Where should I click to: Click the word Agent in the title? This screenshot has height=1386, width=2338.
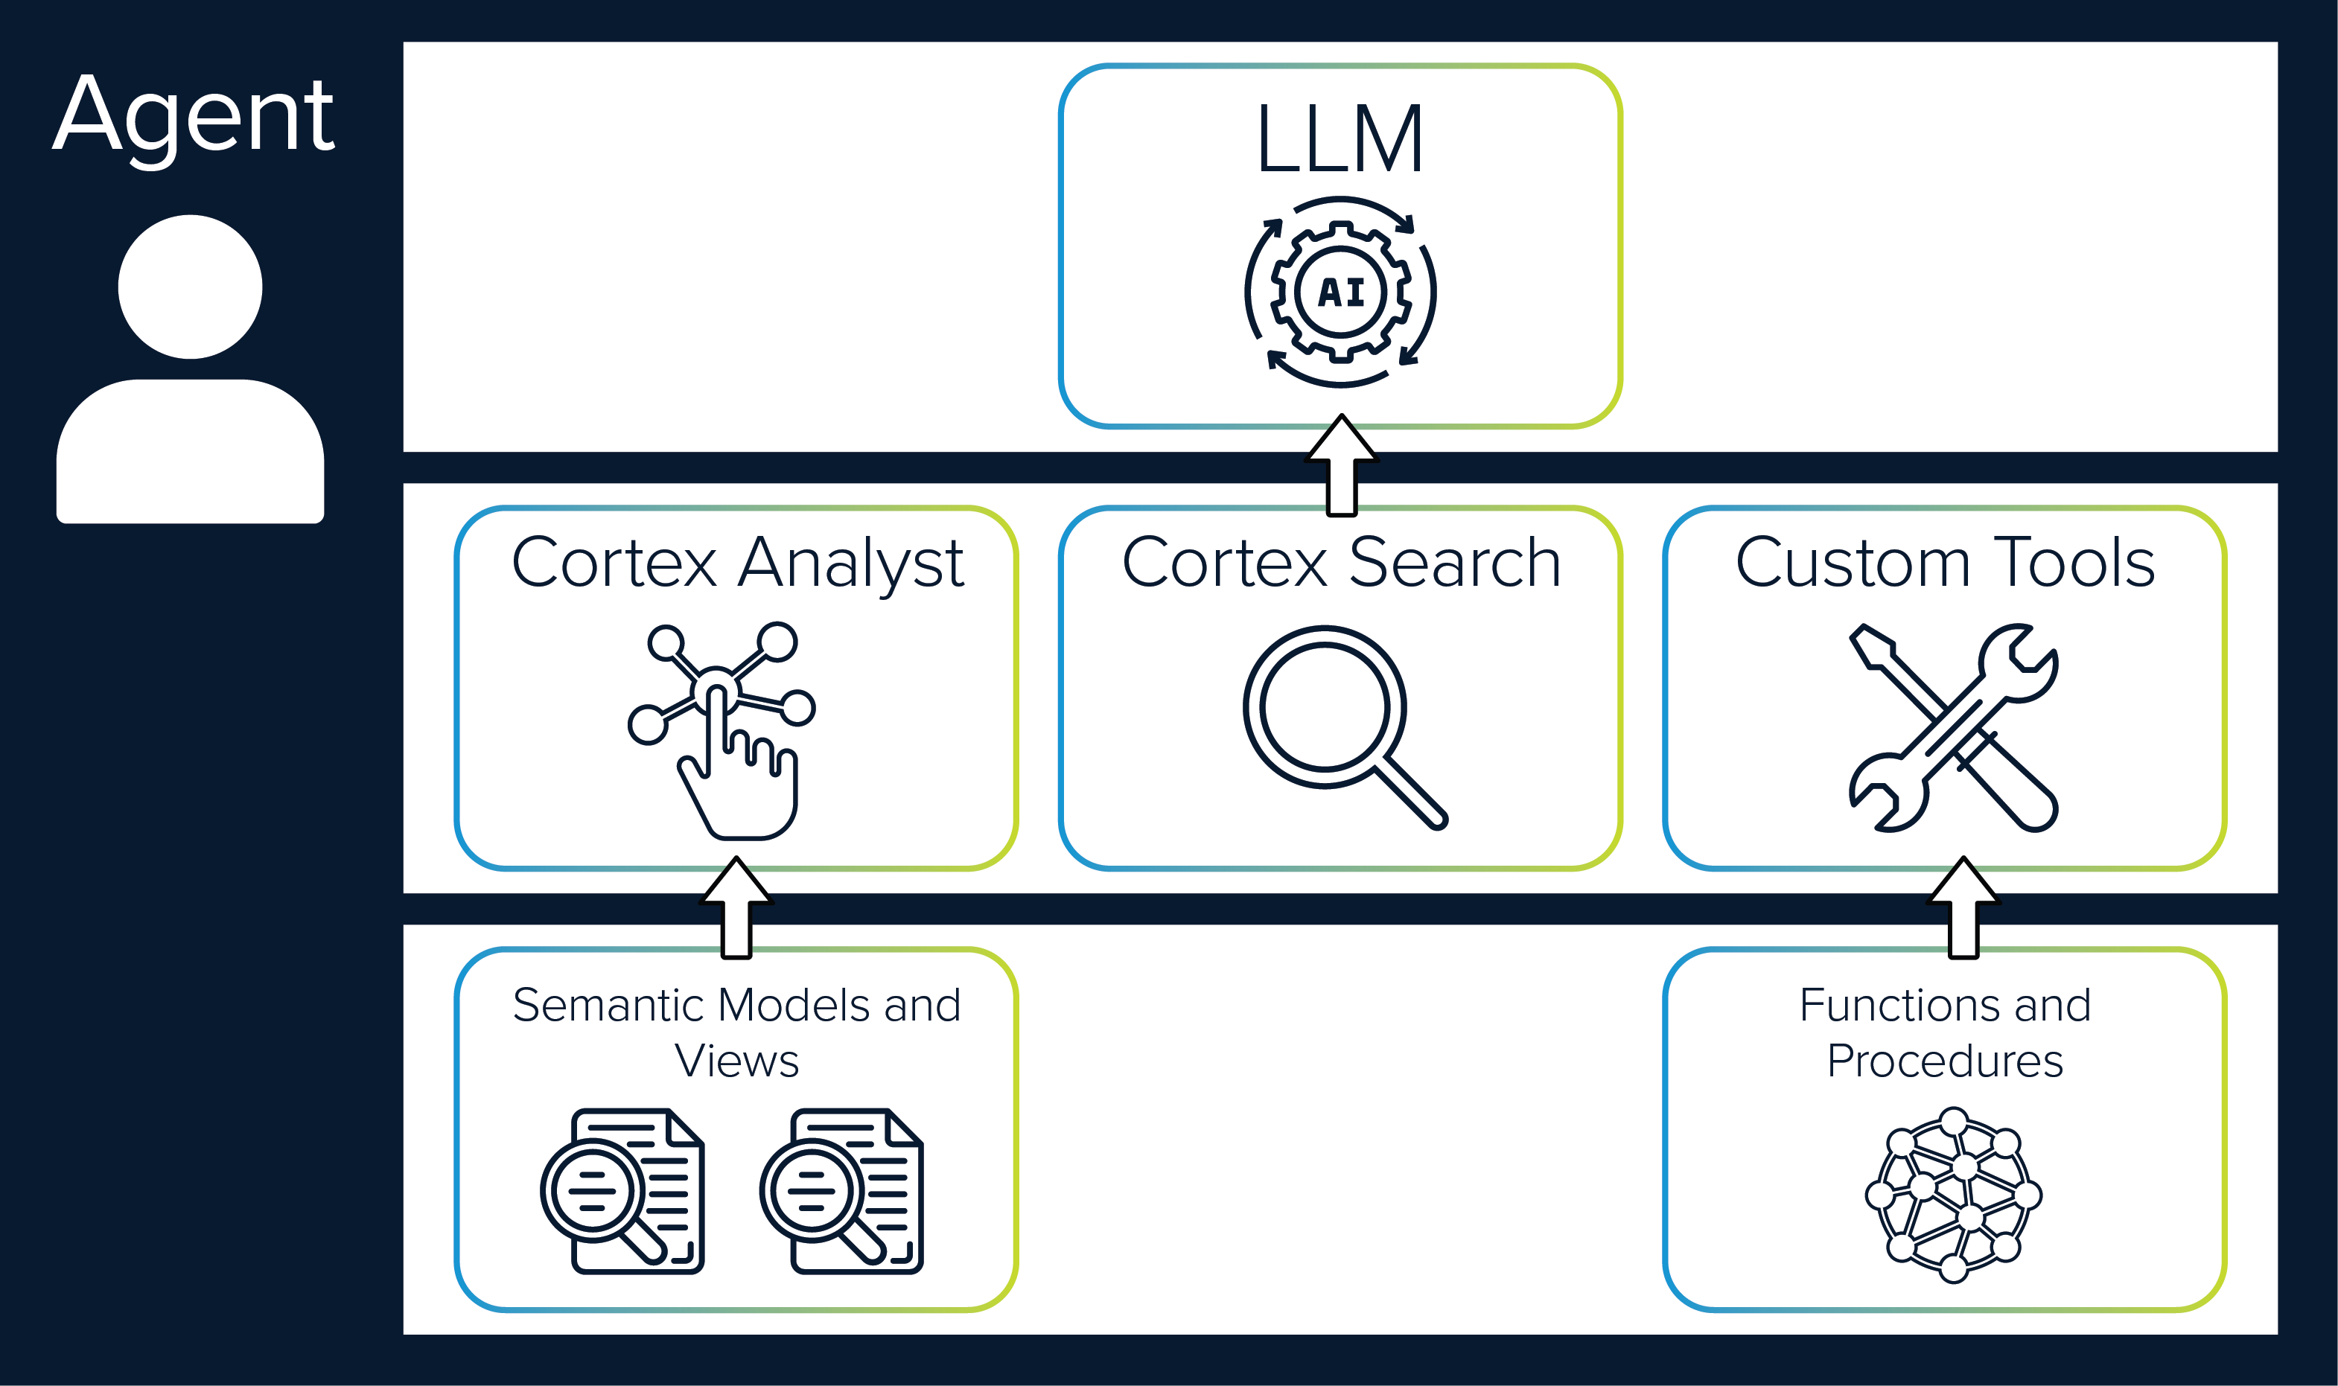coord(194,117)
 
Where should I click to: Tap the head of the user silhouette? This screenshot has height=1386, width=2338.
coord(190,287)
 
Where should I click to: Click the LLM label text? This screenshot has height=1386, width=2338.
coord(1340,141)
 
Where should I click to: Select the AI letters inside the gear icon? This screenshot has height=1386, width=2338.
coord(1341,293)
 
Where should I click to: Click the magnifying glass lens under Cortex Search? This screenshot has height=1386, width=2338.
coord(1325,707)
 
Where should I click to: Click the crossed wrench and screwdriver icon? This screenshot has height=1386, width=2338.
coord(1954,729)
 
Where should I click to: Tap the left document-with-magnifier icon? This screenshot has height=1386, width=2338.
coord(622,1192)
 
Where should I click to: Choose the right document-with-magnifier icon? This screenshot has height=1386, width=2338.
coord(841,1192)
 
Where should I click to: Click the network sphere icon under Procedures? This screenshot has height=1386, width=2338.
coord(1953,1195)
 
